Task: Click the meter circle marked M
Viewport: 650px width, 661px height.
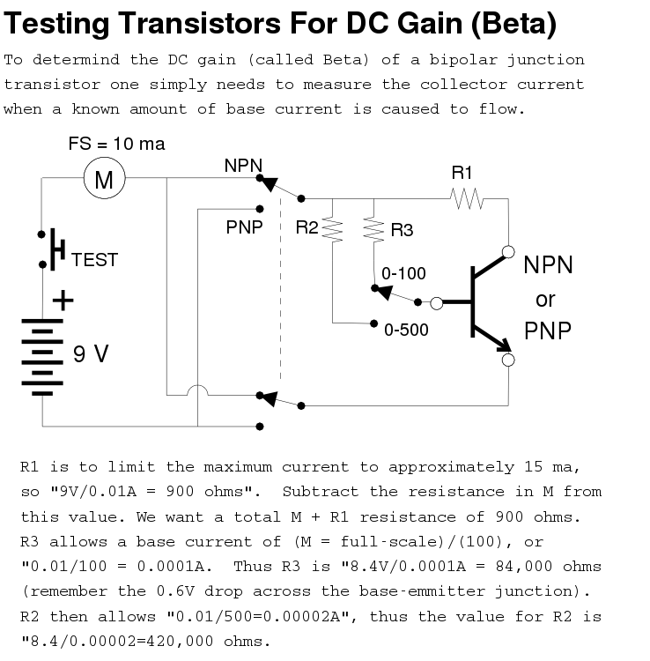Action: click(x=104, y=180)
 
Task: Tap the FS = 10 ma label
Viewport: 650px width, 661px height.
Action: click(x=116, y=144)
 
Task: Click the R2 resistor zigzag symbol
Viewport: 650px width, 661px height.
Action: click(x=332, y=230)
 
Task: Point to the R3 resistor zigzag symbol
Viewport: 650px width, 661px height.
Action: click(x=374, y=230)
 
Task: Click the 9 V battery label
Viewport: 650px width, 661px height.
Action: click(x=91, y=354)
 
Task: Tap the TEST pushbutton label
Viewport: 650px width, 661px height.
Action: click(x=94, y=260)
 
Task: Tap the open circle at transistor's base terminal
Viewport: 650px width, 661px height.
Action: click(x=436, y=302)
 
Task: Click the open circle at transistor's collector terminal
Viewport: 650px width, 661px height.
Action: click(x=508, y=252)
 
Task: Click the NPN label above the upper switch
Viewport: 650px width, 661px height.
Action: click(x=242, y=165)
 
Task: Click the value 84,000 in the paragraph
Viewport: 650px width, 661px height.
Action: click(x=525, y=566)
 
